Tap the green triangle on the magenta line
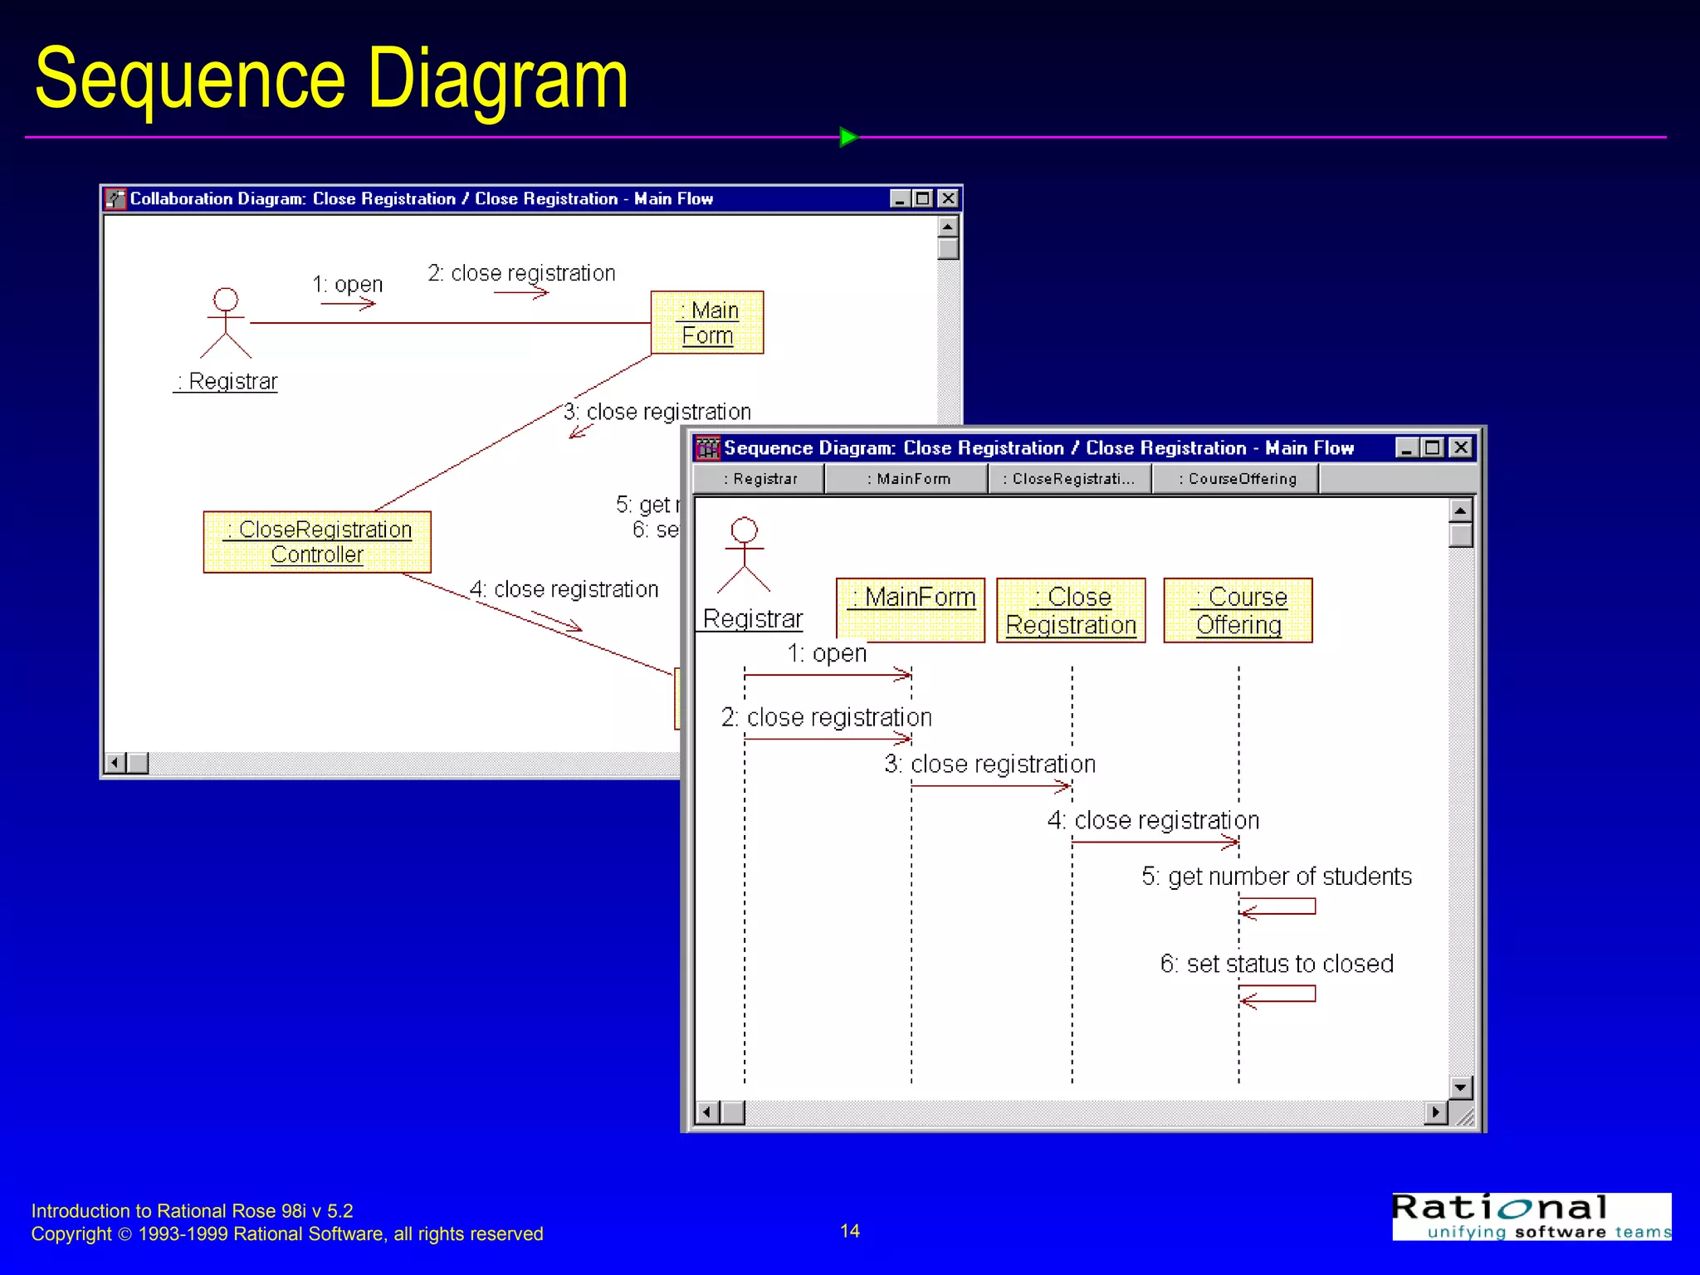[848, 137]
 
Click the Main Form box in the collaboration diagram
[707, 323]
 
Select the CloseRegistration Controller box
[317, 542]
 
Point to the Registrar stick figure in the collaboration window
[226, 324]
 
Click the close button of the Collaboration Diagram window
[948, 198]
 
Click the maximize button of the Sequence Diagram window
[1433, 448]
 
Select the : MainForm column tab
[907, 479]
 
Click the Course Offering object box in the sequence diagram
[1238, 611]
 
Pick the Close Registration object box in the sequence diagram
[1071, 611]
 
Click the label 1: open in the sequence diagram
[827, 654]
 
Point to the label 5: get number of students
[1276, 877]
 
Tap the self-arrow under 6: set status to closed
[1278, 994]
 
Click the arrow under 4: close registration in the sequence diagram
[1155, 843]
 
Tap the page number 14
[849, 1231]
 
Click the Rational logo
[1531, 1217]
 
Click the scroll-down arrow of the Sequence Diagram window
[1460, 1087]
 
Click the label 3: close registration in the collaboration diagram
[657, 412]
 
